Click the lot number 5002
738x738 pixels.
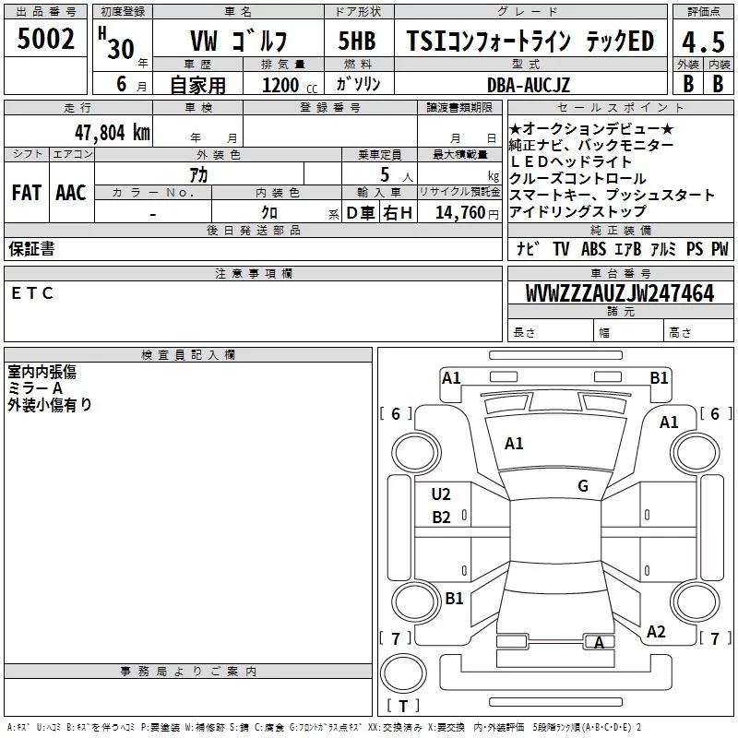pyautogui.click(x=45, y=39)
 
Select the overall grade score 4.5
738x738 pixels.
pyautogui.click(x=703, y=42)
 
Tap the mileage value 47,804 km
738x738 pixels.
pyautogui.click(x=113, y=133)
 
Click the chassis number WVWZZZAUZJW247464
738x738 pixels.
pyautogui.click(x=620, y=292)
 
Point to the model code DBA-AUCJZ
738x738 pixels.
pyautogui.click(x=528, y=85)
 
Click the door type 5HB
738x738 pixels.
pyautogui.click(x=357, y=41)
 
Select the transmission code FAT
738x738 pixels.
pyautogui.click(x=27, y=193)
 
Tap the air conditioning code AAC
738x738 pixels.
pyautogui.click(x=71, y=193)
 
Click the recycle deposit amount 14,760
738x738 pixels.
pyautogui.click(x=459, y=213)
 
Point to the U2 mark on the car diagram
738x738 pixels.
pyautogui.click(x=441, y=494)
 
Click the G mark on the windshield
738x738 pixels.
pyautogui.click(x=583, y=486)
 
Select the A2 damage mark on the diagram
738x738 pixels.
pyautogui.click(x=656, y=632)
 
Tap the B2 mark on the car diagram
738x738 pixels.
pyautogui.click(x=441, y=518)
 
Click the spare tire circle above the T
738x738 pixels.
pyautogui.click(x=403, y=673)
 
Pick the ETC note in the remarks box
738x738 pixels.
pyautogui.click(x=32, y=293)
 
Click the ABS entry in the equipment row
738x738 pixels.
pyautogui.click(x=593, y=249)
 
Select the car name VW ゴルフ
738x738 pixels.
pyautogui.click(x=239, y=41)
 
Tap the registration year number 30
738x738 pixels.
pyautogui.click(x=121, y=49)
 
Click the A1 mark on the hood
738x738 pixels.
pyautogui.click(x=514, y=444)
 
